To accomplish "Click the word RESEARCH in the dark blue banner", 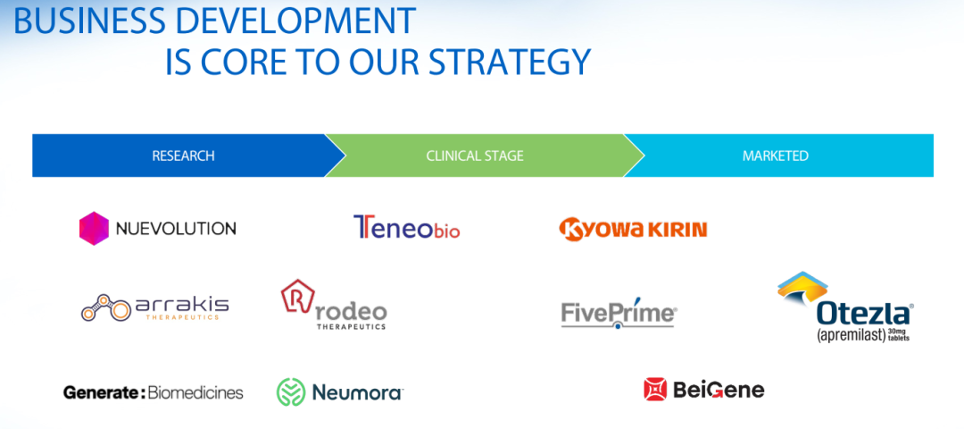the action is coord(183,156).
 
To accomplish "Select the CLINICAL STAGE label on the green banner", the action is coord(475,156).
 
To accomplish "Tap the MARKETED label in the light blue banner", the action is coord(776,156).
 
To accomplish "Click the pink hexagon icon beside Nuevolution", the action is coord(94,228).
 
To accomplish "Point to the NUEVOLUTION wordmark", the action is coord(176,228).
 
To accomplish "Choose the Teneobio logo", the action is coord(406,227).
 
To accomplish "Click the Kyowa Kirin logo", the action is coord(633,229).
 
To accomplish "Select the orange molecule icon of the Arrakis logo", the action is coord(105,307).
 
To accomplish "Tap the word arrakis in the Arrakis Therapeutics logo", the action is coord(181,305).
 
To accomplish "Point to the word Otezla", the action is coord(863,315).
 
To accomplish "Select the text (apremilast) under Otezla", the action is coord(850,335).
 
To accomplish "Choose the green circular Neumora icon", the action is coord(291,392).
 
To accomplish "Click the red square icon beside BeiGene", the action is coord(655,390).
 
